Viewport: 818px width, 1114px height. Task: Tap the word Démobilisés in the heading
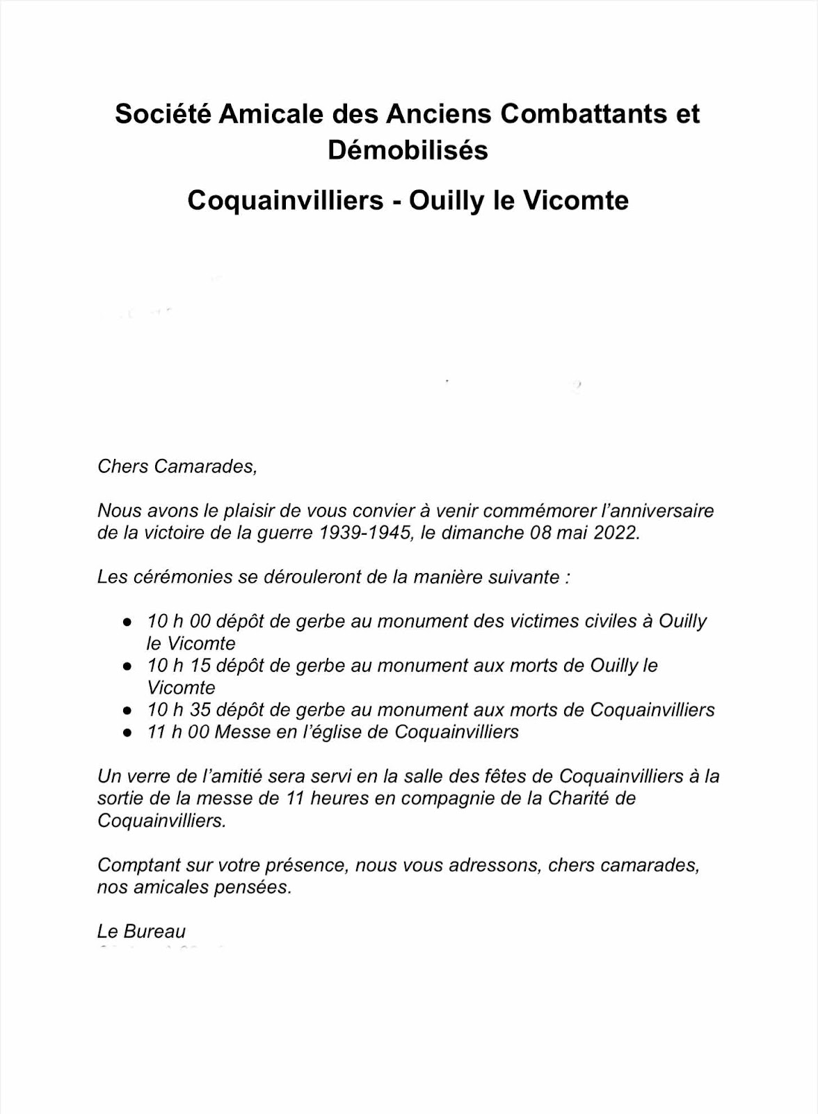click(408, 150)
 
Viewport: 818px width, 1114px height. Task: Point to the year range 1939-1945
click(362, 533)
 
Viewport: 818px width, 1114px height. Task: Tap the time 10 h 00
click(178, 621)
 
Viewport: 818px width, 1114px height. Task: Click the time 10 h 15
click(178, 666)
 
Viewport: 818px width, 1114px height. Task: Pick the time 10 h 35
click(178, 710)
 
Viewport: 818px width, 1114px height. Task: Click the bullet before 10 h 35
click(127, 712)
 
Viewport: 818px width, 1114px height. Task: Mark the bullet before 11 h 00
click(127, 734)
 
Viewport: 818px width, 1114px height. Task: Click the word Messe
click(242, 732)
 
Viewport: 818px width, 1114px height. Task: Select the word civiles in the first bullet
click(607, 621)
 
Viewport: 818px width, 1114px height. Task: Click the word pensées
click(257, 888)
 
